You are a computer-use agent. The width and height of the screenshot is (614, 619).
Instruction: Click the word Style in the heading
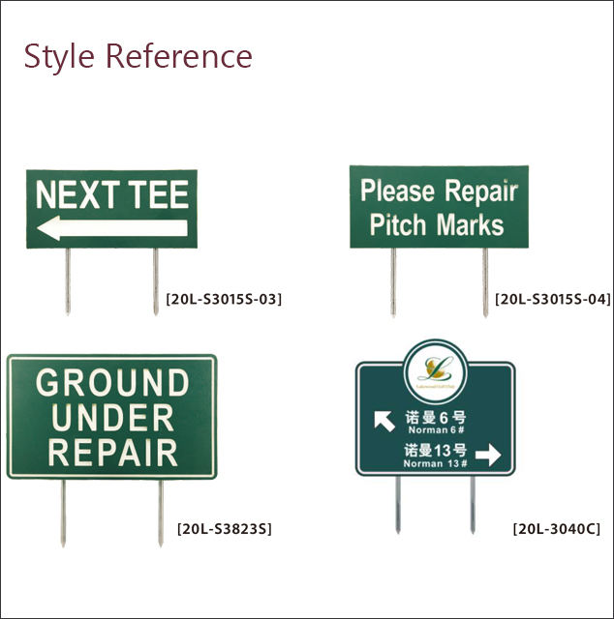pos(58,56)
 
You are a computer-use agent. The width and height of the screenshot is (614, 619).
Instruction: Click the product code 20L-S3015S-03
pos(224,299)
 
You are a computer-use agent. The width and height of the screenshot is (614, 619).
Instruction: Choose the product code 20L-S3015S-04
pos(553,299)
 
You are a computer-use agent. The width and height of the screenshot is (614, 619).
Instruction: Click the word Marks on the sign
pos(471,225)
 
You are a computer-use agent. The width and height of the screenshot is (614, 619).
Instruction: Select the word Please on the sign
pos(397,191)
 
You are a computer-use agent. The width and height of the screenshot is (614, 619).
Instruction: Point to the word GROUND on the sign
pos(112,384)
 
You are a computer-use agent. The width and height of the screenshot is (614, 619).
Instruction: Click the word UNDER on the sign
pos(112,418)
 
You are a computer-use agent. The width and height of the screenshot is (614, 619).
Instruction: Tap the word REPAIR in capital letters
pos(112,453)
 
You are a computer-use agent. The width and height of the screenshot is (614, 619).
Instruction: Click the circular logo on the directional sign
pos(434,369)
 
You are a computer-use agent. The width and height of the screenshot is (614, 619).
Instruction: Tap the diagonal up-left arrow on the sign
pos(384,421)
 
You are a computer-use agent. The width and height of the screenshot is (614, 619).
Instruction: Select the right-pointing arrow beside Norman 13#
pos(489,456)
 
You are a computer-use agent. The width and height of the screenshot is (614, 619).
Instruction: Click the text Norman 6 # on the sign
pos(438,429)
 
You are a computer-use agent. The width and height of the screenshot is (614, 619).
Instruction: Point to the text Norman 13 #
pos(436,463)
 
